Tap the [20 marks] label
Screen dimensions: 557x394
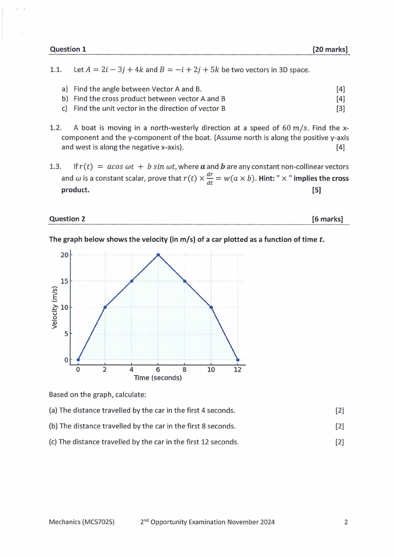[x=330, y=49]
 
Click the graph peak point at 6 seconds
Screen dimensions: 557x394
[x=158, y=255]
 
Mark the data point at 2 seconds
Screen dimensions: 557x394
[x=105, y=307]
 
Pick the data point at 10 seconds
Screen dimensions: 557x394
[x=211, y=307]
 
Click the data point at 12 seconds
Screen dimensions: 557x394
[x=238, y=360]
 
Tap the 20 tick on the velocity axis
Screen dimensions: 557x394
[x=65, y=255]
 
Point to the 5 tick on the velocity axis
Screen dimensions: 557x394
[x=66, y=334]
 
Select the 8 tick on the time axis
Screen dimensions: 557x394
[x=185, y=369]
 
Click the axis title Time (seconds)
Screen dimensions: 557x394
[x=158, y=378]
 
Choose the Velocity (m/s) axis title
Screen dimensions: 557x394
[x=55, y=307]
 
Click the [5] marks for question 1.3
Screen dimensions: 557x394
[x=317, y=189]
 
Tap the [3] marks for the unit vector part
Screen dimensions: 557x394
[x=340, y=108]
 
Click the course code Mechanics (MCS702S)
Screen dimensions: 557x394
[x=82, y=522]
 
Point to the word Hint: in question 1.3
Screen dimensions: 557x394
[x=268, y=178]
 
